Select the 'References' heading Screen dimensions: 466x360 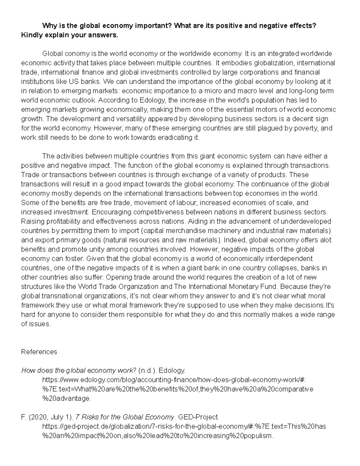point(39,352)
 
